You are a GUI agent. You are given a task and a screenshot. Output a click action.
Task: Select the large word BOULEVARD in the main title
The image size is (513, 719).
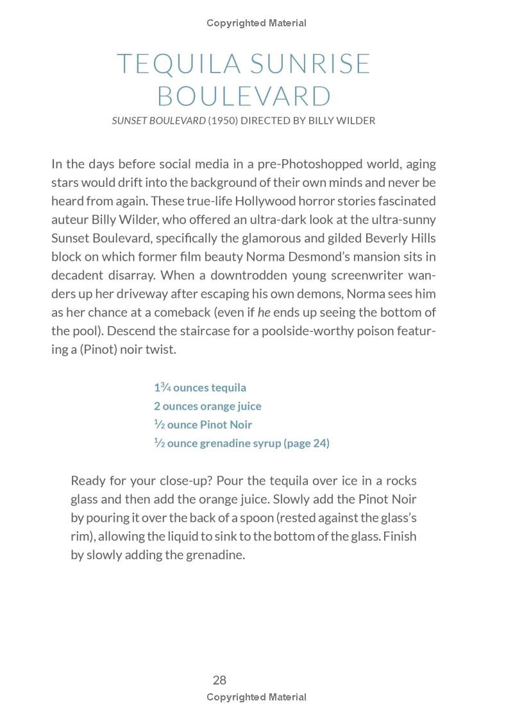(x=244, y=96)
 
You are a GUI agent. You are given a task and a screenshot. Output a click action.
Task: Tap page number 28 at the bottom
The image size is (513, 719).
(x=219, y=680)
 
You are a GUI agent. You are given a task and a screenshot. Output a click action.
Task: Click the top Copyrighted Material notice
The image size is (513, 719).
(x=256, y=23)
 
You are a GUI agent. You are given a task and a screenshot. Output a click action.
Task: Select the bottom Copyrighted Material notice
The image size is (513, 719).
(x=256, y=697)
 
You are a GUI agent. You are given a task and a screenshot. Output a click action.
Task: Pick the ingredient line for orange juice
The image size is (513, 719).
(x=208, y=406)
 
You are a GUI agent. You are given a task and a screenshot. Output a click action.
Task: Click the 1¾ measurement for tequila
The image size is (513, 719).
(x=162, y=387)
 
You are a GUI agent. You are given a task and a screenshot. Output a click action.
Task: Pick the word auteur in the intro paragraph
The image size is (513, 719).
(x=69, y=220)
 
